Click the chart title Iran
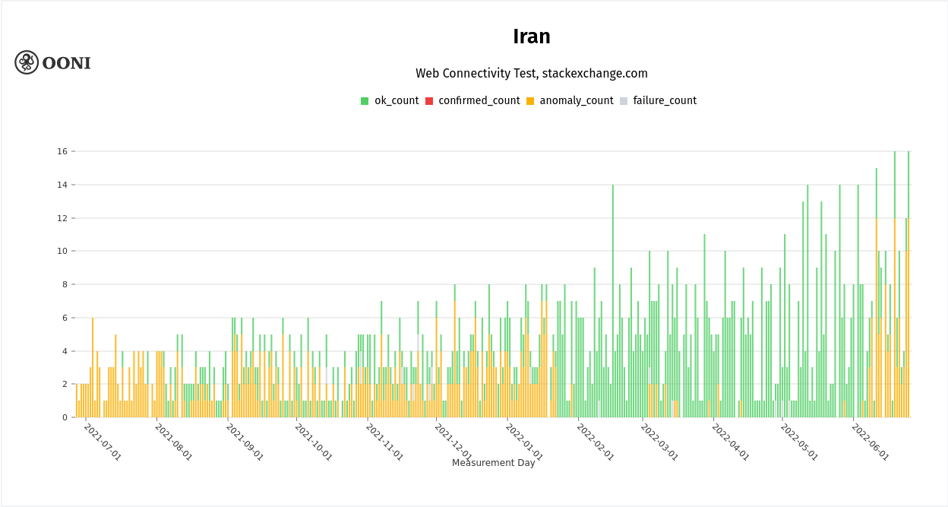[x=531, y=36]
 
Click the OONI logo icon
[x=27, y=62]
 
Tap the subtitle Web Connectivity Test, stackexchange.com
[x=531, y=74]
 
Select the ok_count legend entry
[x=390, y=101]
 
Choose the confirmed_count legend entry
[x=472, y=101]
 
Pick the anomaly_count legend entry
[x=570, y=101]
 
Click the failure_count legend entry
[x=658, y=101]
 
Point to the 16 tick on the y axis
[x=62, y=151]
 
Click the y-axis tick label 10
[x=62, y=251]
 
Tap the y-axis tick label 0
[x=65, y=417]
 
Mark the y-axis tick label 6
[x=65, y=318]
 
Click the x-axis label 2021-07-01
[x=103, y=442]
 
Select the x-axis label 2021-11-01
[x=384, y=442]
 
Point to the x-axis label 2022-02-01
[x=596, y=442]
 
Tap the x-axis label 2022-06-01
[x=870, y=442]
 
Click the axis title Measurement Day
[x=493, y=463]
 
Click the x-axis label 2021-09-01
[x=245, y=442]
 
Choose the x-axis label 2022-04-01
[x=730, y=442]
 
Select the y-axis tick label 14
[x=62, y=185]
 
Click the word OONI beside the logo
[x=66, y=63]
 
